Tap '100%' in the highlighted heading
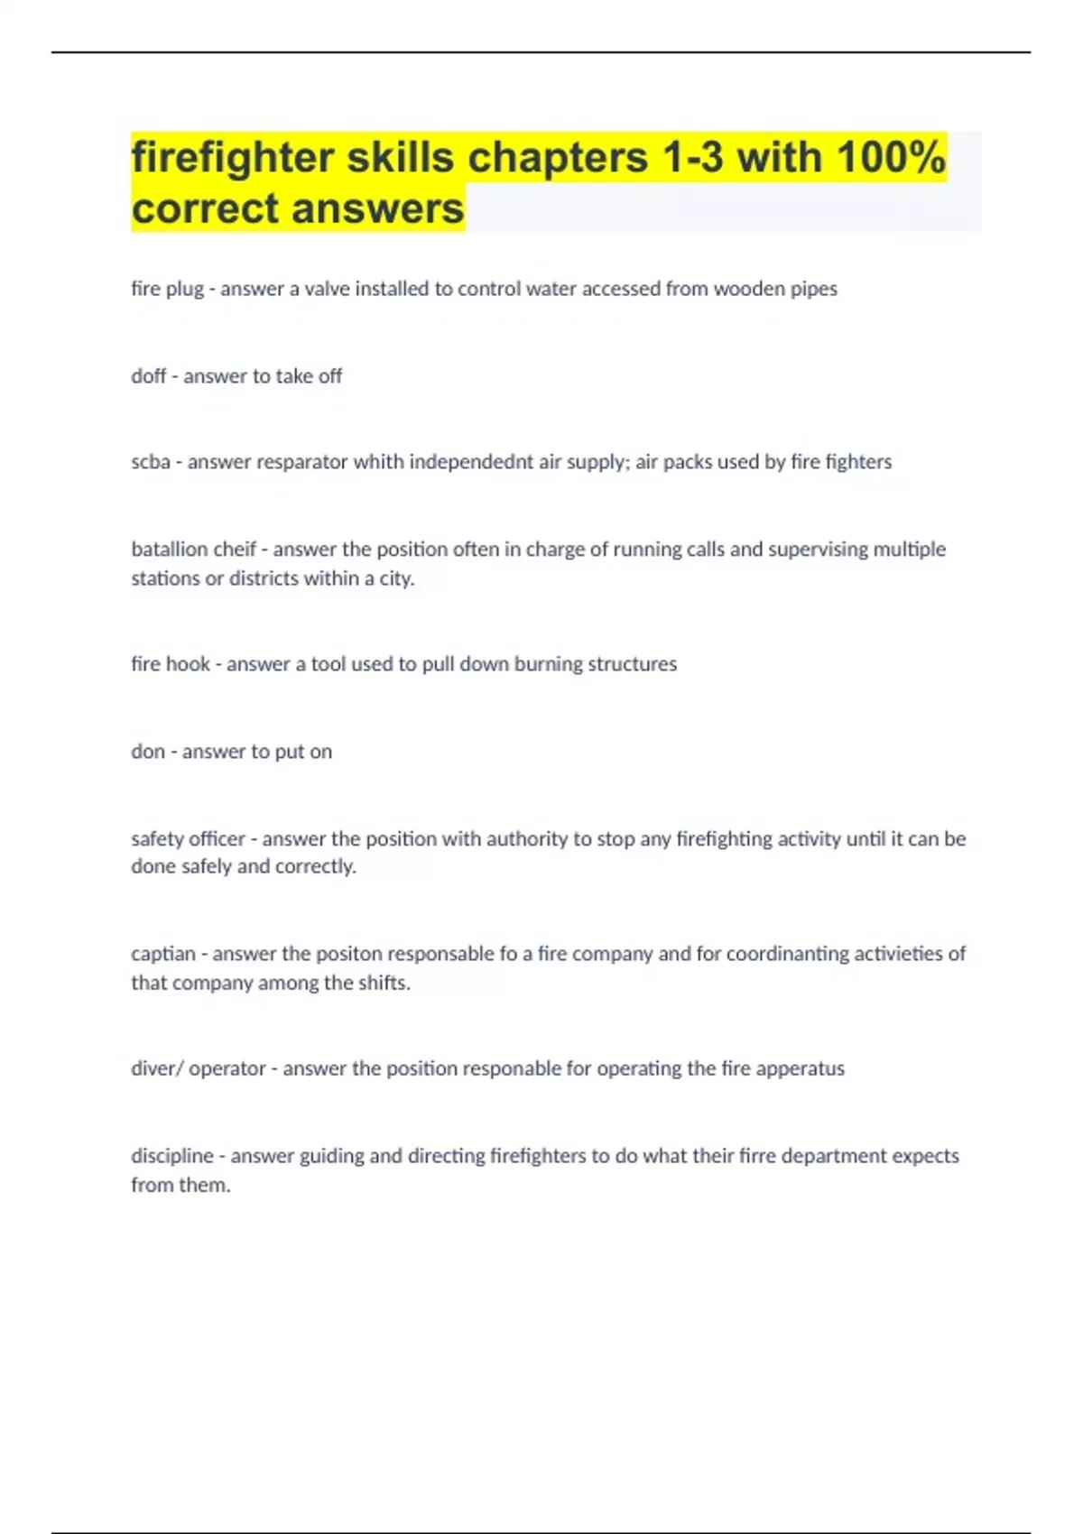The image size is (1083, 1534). pos(890,158)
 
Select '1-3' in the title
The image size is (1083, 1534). pos(692,158)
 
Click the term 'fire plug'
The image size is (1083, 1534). pos(167,289)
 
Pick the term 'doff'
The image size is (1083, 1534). pos(148,376)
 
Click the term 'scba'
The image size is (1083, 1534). pos(150,462)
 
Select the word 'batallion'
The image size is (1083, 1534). pos(169,550)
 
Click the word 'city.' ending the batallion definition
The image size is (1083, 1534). pos(396,578)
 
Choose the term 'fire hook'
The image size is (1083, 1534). pos(170,664)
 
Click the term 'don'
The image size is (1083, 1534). pos(148,752)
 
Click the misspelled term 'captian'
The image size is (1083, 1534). pos(162,954)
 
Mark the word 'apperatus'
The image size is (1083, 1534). pos(800,1068)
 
